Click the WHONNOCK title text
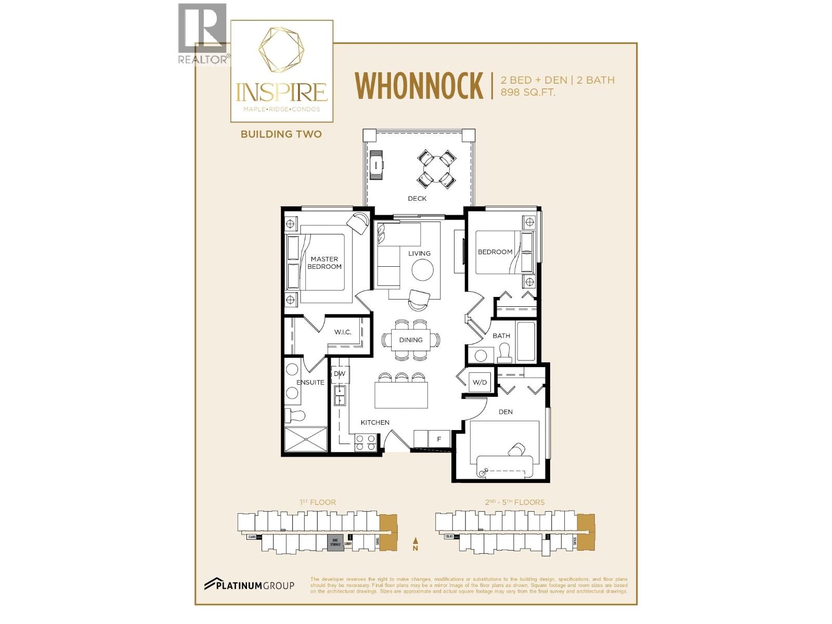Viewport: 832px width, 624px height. [x=419, y=86]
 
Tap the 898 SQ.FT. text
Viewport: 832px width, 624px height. [x=528, y=93]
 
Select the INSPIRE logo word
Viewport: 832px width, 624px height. [x=281, y=92]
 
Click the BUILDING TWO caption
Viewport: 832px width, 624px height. [x=281, y=134]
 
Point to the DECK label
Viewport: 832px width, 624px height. [x=417, y=199]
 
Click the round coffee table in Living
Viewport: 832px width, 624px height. [x=422, y=270]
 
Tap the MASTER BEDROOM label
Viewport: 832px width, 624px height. [x=324, y=263]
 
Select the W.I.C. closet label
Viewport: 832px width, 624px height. [x=343, y=332]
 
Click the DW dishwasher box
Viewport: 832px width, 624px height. [x=340, y=374]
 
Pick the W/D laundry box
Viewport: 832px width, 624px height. [x=479, y=383]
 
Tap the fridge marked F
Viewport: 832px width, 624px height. [x=439, y=439]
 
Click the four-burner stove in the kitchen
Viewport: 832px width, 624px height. [x=365, y=443]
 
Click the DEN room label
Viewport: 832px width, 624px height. [x=505, y=412]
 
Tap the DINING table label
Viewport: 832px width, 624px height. [x=411, y=340]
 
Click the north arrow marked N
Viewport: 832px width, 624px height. [x=415, y=544]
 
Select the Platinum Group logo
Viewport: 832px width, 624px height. [x=249, y=585]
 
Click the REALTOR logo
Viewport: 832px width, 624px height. [x=203, y=34]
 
